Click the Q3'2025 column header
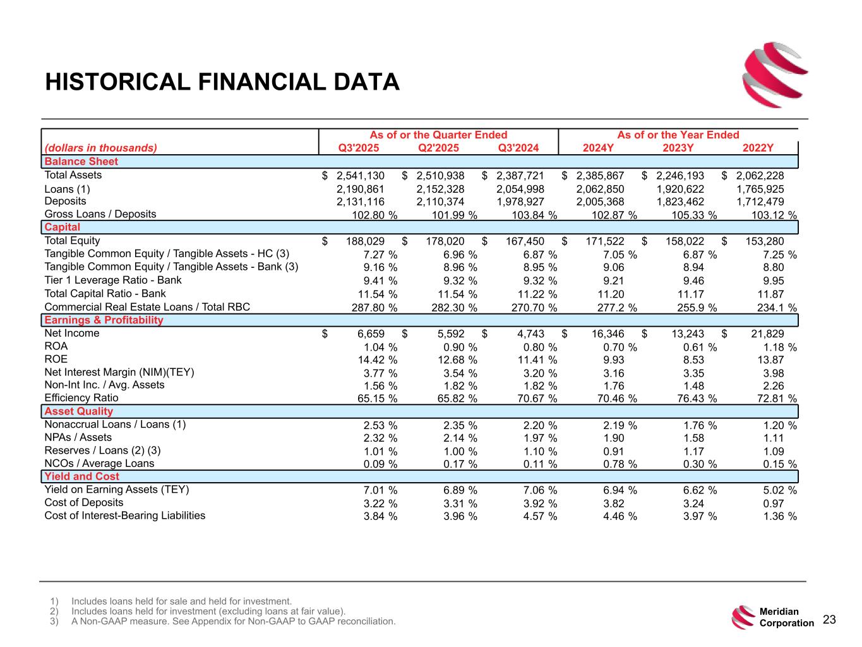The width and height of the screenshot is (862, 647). pyautogui.click(x=359, y=148)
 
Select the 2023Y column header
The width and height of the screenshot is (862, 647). pyautogui.click(x=678, y=148)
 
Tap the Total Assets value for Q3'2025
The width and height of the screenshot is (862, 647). pyautogui.click(x=360, y=176)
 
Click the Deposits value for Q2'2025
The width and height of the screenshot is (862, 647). pyautogui.click(x=440, y=202)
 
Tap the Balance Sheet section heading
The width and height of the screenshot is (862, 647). pyautogui.click(x=81, y=162)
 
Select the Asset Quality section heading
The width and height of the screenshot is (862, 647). pyautogui.click(x=78, y=411)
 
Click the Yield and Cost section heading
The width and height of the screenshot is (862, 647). pyautogui.click(x=81, y=477)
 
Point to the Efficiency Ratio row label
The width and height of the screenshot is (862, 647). pyautogui.click(x=81, y=398)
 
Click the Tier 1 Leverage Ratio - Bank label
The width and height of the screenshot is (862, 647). pyautogui.click(x=112, y=281)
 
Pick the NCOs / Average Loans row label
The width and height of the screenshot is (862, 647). pyautogui.click(x=99, y=464)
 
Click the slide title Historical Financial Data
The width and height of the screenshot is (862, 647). pyautogui.click(x=222, y=82)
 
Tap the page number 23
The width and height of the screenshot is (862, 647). pyautogui.click(x=829, y=620)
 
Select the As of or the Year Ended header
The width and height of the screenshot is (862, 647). pyautogui.click(x=678, y=135)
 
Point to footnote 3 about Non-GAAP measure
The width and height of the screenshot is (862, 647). pyautogui.click(x=233, y=622)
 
